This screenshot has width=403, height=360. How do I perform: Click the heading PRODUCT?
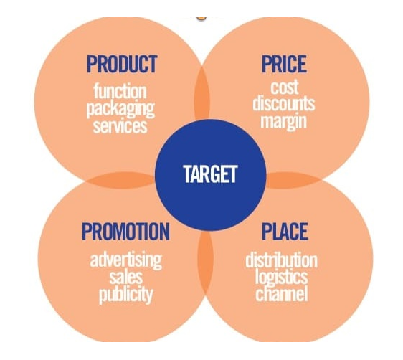(x=122, y=64)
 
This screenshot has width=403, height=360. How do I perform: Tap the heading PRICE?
(x=284, y=64)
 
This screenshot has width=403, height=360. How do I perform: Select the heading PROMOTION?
(x=125, y=232)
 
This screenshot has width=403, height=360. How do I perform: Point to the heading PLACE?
(x=285, y=232)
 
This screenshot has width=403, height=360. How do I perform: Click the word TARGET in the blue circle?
(x=210, y=174)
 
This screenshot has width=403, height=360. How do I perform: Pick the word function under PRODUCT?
(x=120, y=91)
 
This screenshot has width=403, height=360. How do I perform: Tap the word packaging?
(x=120, y=109)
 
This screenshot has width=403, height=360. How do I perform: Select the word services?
(x=120, y=126)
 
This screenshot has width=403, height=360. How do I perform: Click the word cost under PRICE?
(x=284, y=87)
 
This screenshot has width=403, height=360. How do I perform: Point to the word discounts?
(x=284, y=103)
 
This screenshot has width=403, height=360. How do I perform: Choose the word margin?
(x=284, y=120)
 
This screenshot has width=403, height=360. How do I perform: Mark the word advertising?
(x=126, y=260)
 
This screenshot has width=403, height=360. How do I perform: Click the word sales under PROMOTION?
(x=126, y=277)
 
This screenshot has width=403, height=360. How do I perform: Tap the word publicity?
(x=126, y=295)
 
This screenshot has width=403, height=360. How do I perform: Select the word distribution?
(x=281, y=260)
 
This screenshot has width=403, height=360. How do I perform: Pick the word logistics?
(x=281, y=277)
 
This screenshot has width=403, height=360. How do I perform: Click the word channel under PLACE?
(x=281, y=293)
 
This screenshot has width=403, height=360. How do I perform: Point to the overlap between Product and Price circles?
(x=202, y=94)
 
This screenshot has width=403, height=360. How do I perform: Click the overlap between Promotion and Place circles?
(x=205, y=262)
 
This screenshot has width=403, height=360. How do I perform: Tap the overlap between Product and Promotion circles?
(x=120, y=180)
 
